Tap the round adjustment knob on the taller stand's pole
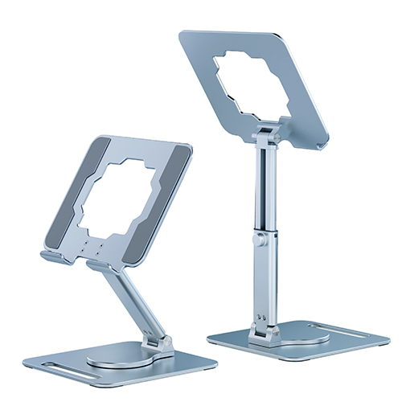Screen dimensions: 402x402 (258, 240)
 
